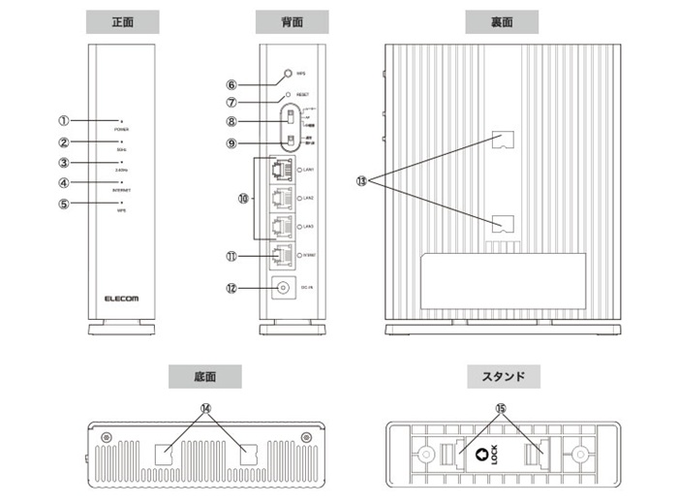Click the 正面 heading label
pos(123,20)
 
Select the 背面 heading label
pos(292,20)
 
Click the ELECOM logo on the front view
pos(122,299)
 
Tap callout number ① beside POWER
pos(63,121)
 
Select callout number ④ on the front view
pos(63,182)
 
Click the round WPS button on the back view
pos(289,74)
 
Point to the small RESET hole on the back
pos(288,95)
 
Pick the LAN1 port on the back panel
pos(282,171)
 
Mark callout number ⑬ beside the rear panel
pos(361,181)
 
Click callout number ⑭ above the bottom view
pos(204,408)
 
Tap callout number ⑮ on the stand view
pos(502,409)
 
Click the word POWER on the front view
pos(122,128)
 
